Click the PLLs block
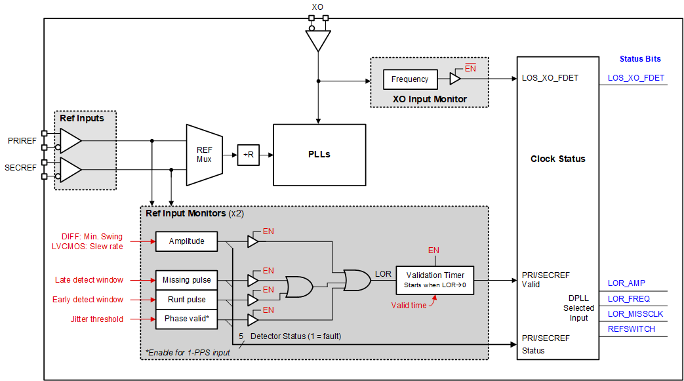pyautogui.click(x=319, y=155)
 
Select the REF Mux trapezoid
pyautogui.click(x=204, y=155)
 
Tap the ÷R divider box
pyautogui.click(x=249, y=155)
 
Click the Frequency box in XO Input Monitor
pyautogui.click(x=410, y=79)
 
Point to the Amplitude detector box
pyautogui.click(x=187, y=241)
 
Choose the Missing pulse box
pyautogui.click(x=187, y=280)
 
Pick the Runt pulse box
pyautogui.click(x=187, y=300)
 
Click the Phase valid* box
pyautogui.click(x=187, y=319)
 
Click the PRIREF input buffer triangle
pyautogui.click(x=70, y=140)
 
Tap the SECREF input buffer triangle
pyautogui.click(x=70, y=169)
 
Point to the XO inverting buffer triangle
pyautogui.click(x=318, y=41)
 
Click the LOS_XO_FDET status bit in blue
pyautogui.click(x=635, y=78)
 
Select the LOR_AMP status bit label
pyautogui.click(x=626, y=283)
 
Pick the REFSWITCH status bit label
pyautogui.click(x=631, y=329)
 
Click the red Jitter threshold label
pyautogui.click(x=96, y=319)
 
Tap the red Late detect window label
pyautogui.click(x=89, y=280)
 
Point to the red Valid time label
pyautogui.click(x=409, y=305)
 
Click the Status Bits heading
pyautogui.click(x=640, y=59)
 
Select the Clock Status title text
pyautogui.click(x=557, y=159)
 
